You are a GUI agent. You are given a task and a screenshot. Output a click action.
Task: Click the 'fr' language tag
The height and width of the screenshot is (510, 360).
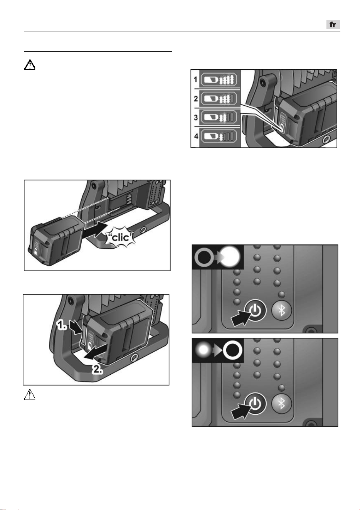click(x=333, y=25)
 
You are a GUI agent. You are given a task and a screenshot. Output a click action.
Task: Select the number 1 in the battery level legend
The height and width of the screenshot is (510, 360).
click(x=195, y=79)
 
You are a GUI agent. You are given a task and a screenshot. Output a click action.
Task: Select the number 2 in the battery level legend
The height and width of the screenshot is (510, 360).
click(x=196, y=99)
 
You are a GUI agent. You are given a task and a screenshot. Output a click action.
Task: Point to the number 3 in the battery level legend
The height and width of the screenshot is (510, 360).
click(x=196, y=118)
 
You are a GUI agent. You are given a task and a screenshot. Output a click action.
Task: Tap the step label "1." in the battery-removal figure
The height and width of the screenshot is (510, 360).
click(x=62, y=326)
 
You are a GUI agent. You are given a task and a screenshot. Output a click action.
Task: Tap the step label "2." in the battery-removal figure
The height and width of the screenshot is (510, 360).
click(x=98, y=370)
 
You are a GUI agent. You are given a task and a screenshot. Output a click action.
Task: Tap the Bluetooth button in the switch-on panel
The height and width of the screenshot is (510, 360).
click(x=282, y=310)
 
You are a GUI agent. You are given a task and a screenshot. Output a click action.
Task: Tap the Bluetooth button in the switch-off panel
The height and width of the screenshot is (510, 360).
click(x=282, y=404)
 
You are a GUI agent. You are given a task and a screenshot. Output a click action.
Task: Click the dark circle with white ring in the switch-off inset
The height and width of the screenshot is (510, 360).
click(x=232, y=350)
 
